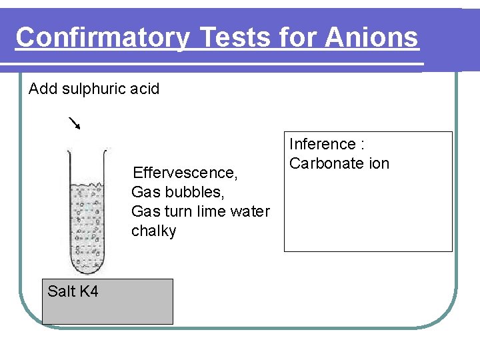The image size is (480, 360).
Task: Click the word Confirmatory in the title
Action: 102,37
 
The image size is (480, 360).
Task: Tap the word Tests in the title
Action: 231,37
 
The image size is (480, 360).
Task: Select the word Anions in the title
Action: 372,37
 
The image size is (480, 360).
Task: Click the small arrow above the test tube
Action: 74,123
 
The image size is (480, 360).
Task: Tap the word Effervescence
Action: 185,173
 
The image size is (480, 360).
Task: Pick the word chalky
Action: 154,231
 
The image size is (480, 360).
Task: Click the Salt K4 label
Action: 73,291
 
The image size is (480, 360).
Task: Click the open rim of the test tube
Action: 87,149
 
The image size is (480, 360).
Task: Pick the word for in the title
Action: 298,37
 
